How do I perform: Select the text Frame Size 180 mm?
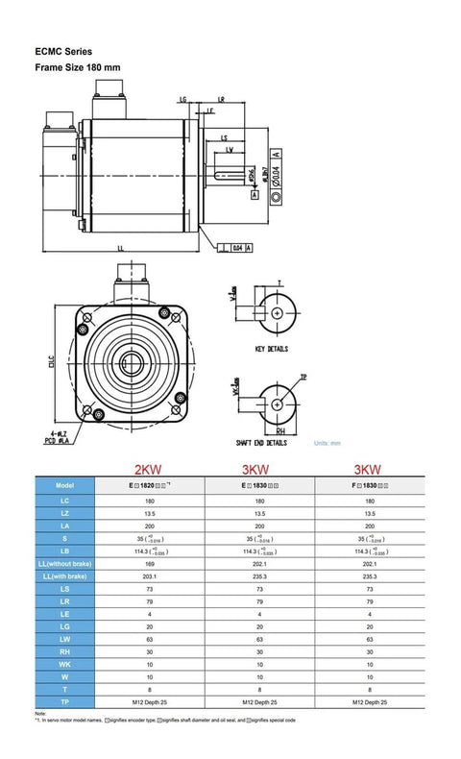[78, 68]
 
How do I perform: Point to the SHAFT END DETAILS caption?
[262, 443]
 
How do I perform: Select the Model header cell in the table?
[64, 486]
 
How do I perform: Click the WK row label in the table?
[64, 663]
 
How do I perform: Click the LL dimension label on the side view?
[120, 247]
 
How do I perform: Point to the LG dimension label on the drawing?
[182, 99]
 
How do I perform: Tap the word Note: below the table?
[40, 714]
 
